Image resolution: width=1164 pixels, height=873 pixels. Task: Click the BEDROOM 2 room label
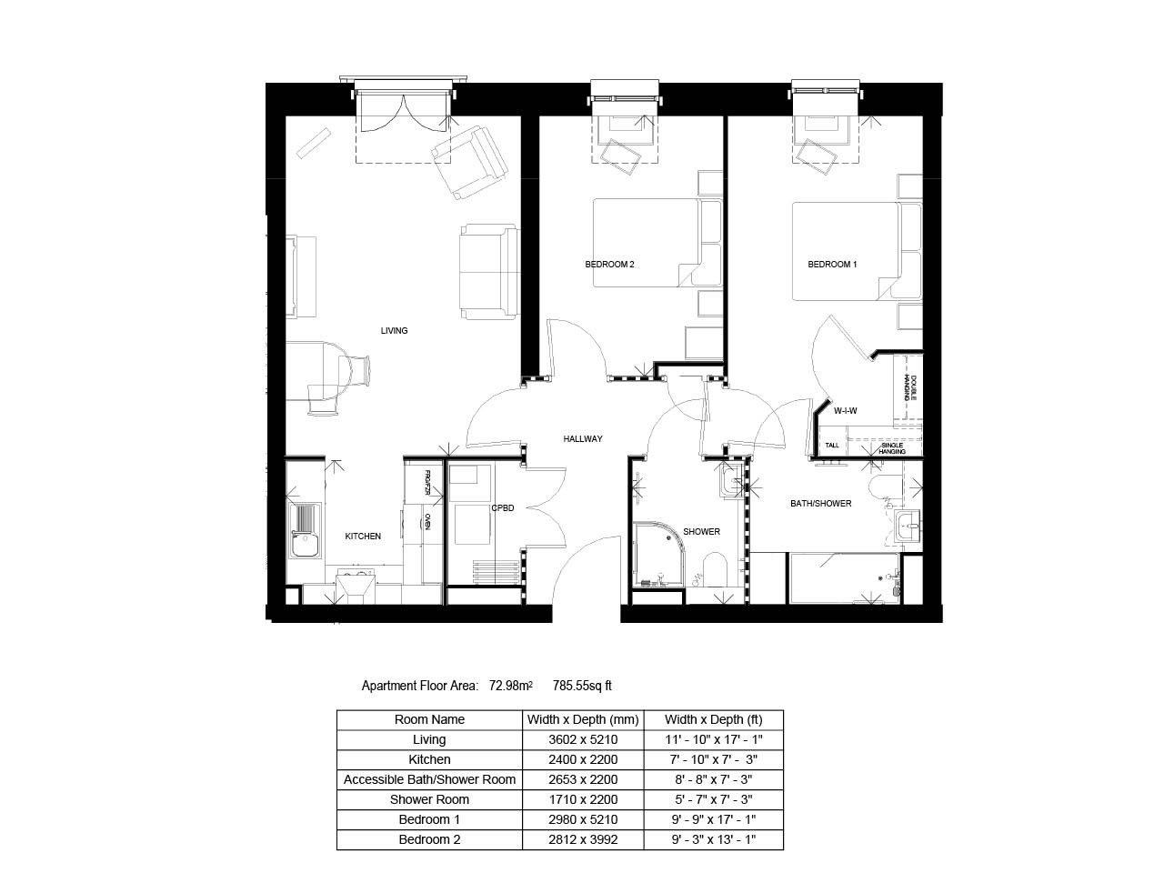click(608, 264)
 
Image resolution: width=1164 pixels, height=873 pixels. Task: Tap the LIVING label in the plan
click(394, 330)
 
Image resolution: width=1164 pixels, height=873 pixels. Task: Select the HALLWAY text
click(582, 438)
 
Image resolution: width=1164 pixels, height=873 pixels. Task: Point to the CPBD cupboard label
click(502, 507)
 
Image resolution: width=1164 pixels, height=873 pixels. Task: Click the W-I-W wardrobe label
click(845, 410)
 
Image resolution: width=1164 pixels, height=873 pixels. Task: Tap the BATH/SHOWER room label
click(820, 503)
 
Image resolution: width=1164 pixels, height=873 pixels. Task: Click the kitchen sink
click(305, 530)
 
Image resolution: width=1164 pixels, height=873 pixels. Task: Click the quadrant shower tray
click(658, 554)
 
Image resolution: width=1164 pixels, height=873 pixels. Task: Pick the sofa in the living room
click(488, 271)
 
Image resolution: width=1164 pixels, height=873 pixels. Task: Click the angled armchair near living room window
click(468, 162)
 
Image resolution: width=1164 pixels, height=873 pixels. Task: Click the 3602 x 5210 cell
click(583, 739)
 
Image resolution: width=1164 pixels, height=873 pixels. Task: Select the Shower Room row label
click(429, 799)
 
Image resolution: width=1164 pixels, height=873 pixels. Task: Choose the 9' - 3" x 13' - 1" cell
click(713, 839)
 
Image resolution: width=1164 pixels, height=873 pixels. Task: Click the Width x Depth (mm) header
click(583, 719)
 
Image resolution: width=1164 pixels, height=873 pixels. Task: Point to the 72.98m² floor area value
click(510, 686)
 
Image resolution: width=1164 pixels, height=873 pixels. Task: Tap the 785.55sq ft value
click(582, 686)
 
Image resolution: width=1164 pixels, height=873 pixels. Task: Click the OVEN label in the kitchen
click(426, 521)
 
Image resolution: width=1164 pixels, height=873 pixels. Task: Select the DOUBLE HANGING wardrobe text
click(909, 387)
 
